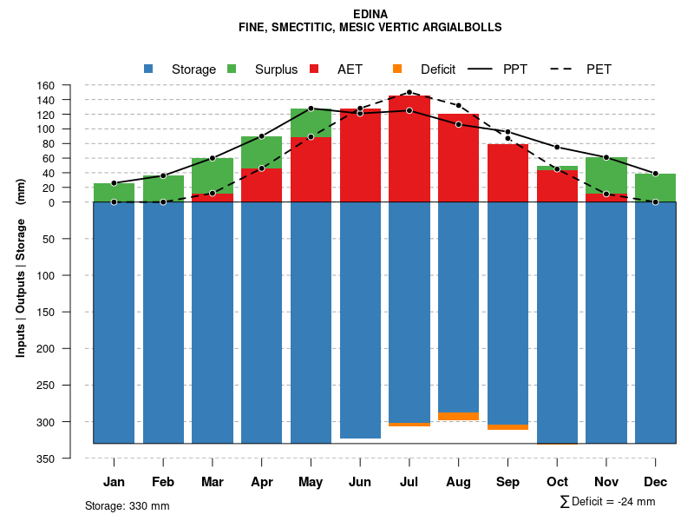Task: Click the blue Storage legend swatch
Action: coord(149,69)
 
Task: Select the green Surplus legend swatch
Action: coord(232,69)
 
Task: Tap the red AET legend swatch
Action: coord(315,69)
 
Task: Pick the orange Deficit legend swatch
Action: coord(398,69)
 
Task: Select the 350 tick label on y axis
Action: coord(45,458)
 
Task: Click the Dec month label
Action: coord(656,482)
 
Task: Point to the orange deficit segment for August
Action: coord(459,416)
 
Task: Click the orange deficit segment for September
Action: coord(508,427)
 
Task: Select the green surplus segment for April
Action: coord(261,152)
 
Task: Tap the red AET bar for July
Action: coord(409,148)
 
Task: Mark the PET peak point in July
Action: coord(409,92)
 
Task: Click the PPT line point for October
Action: coord(557,147)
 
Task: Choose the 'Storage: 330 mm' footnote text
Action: coord(128,505)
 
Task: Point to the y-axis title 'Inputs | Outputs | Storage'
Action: coord(21,287)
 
